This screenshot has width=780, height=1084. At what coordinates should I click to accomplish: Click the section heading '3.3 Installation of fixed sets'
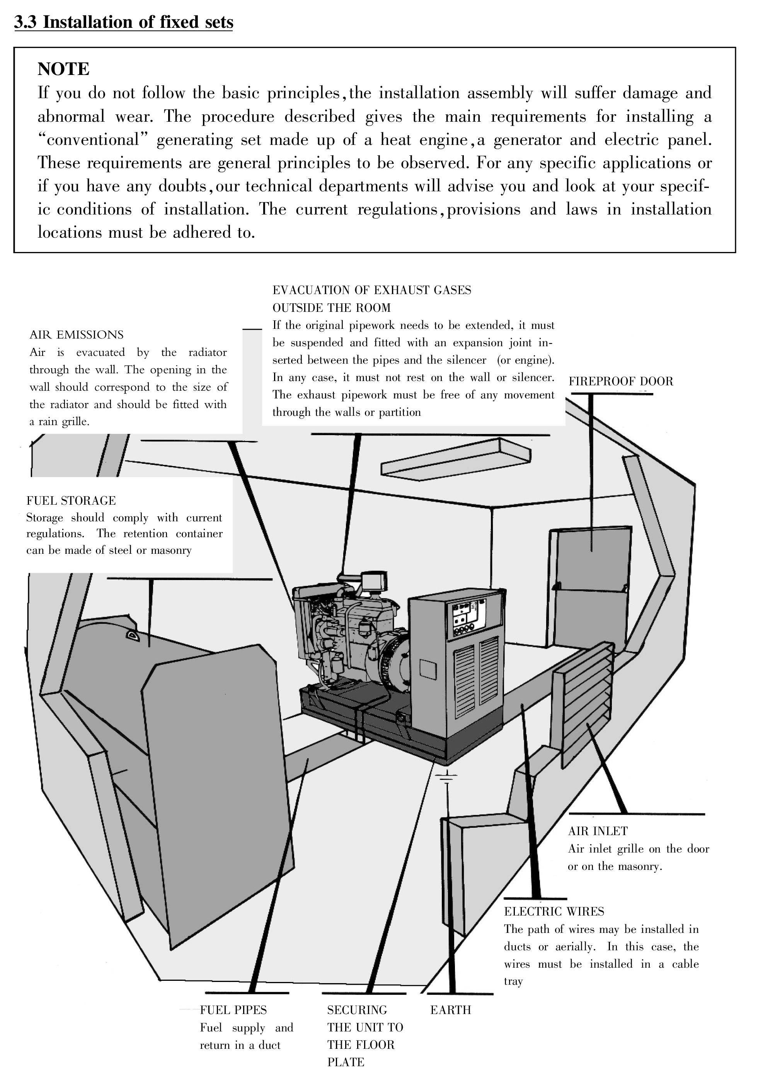[x=124, y=22]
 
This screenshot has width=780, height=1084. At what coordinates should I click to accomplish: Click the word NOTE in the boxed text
[x=63, y=69]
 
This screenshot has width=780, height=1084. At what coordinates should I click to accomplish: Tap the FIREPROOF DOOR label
[x=620, y=381]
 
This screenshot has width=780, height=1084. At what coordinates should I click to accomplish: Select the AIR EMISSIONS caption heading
[x=77, y=335]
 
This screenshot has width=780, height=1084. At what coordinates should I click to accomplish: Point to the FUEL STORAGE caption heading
[x=71, y=501]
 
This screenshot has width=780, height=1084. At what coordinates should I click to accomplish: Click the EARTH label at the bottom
[x=450, y=1010]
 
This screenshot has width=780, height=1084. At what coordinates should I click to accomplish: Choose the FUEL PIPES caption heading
[x=233, y=1010]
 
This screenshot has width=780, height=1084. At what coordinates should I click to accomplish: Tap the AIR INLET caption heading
[x=598, y=831]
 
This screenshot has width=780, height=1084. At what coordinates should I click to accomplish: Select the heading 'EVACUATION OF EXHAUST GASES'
[x=371, y=291]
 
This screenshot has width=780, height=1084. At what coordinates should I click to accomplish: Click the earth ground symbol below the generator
[x=446, y=777]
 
